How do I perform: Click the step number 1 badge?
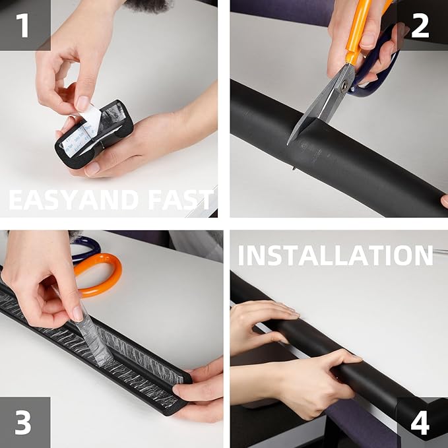25,25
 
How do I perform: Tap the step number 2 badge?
422,25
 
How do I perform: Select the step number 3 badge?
25,422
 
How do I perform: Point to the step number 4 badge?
422,422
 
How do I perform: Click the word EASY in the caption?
43,200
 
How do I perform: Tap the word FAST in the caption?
181,200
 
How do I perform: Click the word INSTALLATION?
335,255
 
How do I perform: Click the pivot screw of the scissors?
344,85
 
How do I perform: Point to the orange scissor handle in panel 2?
360,28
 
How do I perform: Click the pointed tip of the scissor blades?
288,144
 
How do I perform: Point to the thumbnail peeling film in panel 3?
78,313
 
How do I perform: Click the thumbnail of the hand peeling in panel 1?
82,103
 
